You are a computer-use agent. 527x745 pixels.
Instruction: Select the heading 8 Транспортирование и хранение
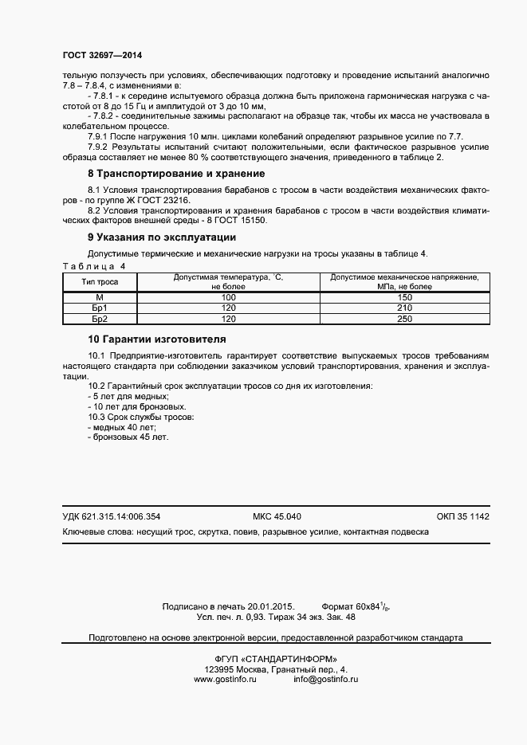(175, 174)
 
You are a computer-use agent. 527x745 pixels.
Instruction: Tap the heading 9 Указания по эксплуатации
(161, 237)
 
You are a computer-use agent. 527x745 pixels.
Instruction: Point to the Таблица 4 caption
(93, 265)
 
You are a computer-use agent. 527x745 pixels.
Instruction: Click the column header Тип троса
(100, 282)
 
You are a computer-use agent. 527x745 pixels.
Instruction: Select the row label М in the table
(100, 296)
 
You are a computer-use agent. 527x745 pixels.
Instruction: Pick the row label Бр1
(100, 308)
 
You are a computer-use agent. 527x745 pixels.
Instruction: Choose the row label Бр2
(100, 319)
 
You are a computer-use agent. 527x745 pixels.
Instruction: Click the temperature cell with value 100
(229, 296)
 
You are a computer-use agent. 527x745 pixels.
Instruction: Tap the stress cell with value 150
(403, 296)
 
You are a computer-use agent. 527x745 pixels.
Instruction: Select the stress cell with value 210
(403, 308)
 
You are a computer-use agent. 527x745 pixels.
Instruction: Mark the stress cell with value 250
(403, 319)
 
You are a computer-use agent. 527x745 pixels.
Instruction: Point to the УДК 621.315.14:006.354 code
(111, 516)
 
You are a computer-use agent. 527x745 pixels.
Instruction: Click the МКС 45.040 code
(277, 516)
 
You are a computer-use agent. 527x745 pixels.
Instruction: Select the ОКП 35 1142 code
(462, 516)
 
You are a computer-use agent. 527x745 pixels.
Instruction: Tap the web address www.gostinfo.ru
(224, 679)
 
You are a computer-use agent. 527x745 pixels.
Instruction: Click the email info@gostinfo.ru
(325, 679)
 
